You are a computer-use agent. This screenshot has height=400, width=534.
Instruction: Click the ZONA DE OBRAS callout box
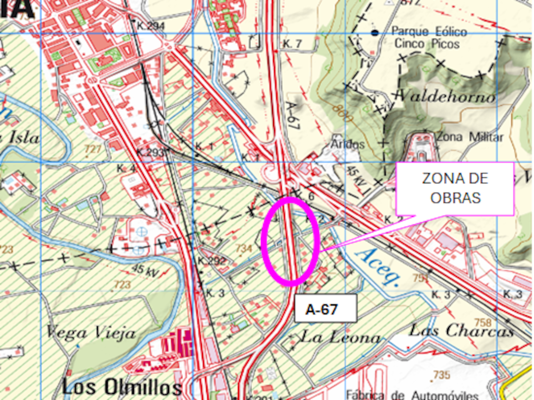point(455,188)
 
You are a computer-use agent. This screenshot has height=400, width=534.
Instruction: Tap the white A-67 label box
point(326,308)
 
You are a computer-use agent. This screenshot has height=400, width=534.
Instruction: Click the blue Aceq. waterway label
point(378,267)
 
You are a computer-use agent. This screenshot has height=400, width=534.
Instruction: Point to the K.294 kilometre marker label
point(150,26)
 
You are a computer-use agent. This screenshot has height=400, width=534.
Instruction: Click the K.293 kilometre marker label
point(150,152)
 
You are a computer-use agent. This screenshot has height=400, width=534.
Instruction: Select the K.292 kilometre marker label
point(211,261)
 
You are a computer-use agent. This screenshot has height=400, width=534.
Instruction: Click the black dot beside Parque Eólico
point(375,32)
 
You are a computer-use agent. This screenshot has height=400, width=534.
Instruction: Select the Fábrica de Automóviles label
point(412,395)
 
